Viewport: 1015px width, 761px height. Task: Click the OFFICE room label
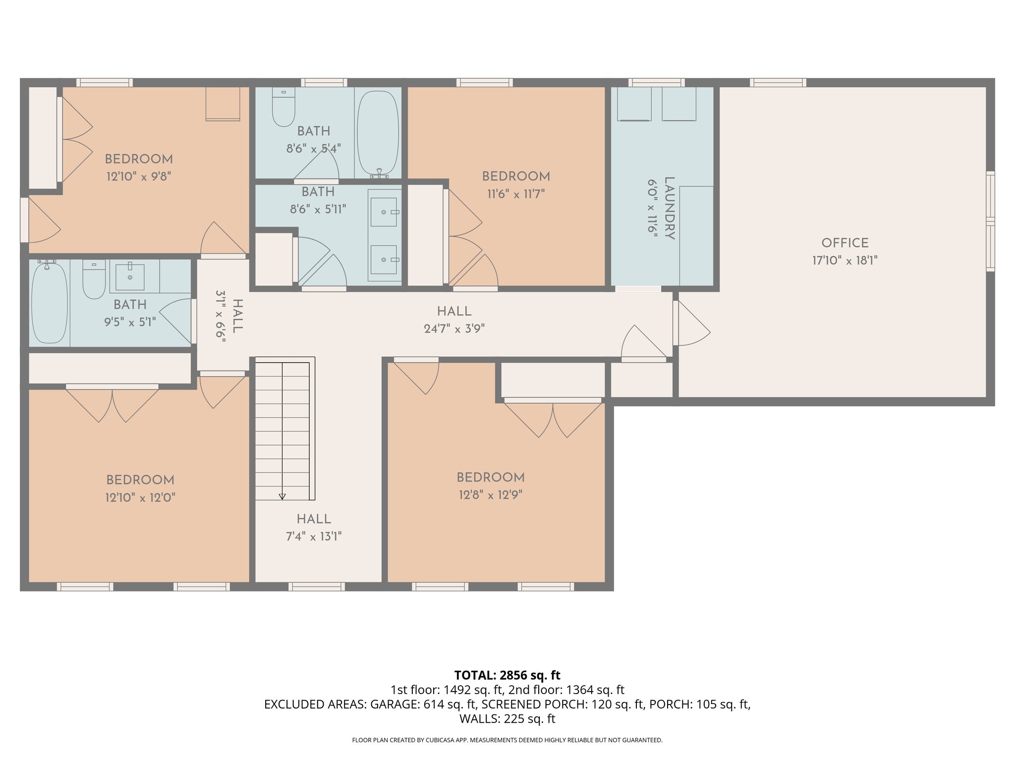tap(845, 243)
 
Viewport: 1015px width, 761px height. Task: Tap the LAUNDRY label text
tap(669, 208)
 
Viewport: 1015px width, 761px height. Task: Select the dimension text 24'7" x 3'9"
tap(454, 328)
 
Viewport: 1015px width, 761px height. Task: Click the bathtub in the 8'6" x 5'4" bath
tap(378, 133)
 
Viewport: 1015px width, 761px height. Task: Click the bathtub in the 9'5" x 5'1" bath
tap(49, 303)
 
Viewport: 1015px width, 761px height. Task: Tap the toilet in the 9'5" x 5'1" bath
tap(94, 280)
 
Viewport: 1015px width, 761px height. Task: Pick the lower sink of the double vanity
tap(384, 259)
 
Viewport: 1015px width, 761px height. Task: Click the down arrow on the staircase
tap(282, 496)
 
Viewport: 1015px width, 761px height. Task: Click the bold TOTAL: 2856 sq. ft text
tap(507, 675)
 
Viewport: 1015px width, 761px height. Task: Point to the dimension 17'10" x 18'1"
tap(845, 261)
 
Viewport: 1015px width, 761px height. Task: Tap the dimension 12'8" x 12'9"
tap(490, 495)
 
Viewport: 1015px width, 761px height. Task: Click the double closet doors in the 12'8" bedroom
tap(553, 419)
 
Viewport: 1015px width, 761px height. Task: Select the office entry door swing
tap(692, 325)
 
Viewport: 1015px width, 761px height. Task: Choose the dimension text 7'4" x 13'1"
tap(314, 537)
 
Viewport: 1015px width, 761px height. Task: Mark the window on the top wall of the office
tap(778, 83)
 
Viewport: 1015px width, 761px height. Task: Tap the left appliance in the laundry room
tap(634, 104)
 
